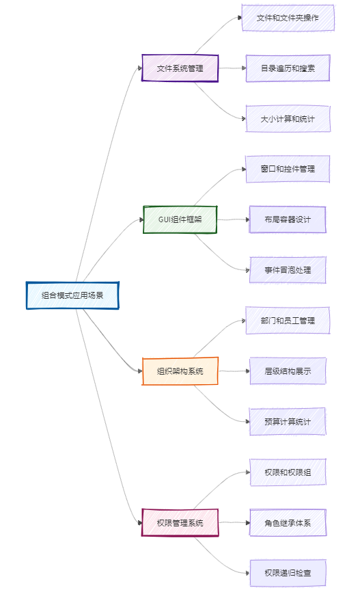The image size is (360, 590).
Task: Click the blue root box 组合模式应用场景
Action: tap(72, 295)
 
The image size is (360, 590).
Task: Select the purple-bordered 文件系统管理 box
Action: tap(180, 68)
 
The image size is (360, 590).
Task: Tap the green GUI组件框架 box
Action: tap(180, 219)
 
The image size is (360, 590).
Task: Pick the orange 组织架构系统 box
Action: tap(180, 371)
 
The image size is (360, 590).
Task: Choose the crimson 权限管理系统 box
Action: tap(180, 522)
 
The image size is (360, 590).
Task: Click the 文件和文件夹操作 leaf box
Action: tap(288, 18)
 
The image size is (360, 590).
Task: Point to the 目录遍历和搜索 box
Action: tap(288, 68)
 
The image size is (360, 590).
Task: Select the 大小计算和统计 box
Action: tap(288, 119)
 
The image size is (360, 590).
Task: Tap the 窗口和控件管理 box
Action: tap(288, 169)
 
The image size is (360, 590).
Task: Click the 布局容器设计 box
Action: tap(288, 219)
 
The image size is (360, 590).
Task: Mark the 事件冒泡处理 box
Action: tap(288, 270)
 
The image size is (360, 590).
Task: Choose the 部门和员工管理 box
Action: tap(288, 321)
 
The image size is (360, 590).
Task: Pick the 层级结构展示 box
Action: tap(288, 371)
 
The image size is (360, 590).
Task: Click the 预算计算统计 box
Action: tap(288, 422)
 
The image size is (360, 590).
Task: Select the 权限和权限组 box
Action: tap(288, 472)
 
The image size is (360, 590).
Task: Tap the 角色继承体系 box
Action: tap(288, 522)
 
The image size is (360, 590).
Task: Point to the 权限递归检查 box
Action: tap(288, 573)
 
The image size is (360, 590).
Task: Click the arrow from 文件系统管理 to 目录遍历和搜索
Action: tap(232, 68)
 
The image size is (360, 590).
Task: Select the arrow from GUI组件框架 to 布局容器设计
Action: tap(234, 219)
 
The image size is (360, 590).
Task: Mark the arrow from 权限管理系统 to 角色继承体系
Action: tap(234, 522)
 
